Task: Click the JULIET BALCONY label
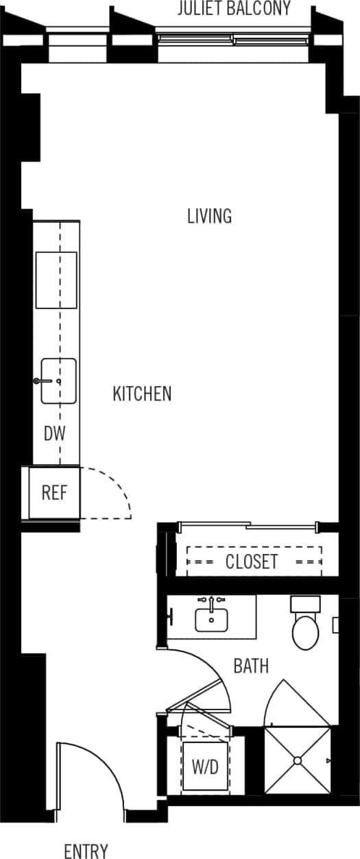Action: coord(234,9)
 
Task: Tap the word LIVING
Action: coord(209,216)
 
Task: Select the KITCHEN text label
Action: coord(142,394)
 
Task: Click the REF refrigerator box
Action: coord(53,493)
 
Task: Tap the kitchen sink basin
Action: coord(59,381)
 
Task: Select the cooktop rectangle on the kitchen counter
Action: coord(56,280)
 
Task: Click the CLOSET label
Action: coord(252,561)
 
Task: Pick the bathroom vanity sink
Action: coord(211,620)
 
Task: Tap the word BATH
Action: coord(250,666)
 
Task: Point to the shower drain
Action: coord(298,760)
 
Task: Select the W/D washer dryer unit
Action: coord(204,767)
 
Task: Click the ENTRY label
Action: coord(86,851)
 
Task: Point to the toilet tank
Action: coord(305,605)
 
